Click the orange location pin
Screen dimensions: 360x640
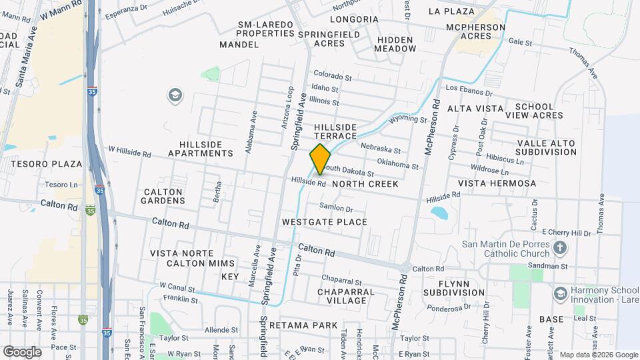320,159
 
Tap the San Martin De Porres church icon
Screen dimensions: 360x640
561,249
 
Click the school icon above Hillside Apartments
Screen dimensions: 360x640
175,96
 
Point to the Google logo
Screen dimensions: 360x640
22,351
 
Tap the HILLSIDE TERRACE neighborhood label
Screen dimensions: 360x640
335,131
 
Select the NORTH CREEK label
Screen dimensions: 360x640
365,184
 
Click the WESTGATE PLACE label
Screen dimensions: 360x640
324,222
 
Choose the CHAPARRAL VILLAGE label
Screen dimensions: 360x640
341,296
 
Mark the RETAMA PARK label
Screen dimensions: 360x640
309,325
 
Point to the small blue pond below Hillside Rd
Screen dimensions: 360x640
439,213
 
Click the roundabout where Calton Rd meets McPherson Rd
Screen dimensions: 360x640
405,268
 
